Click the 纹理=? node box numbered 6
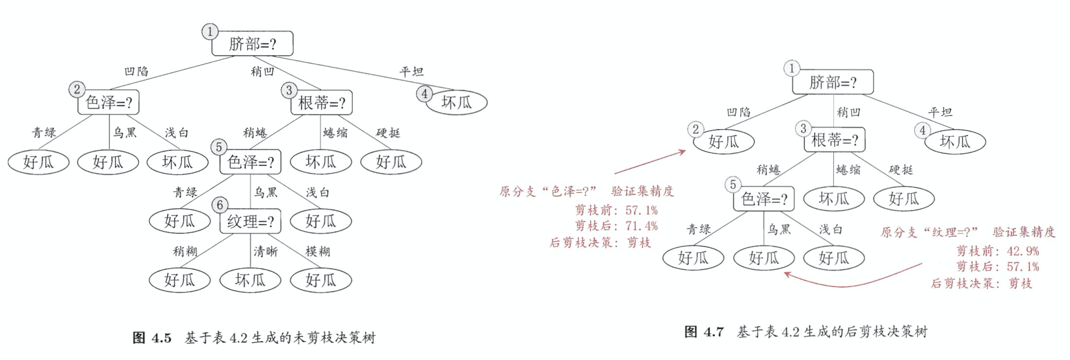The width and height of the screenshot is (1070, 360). click(x=250, y=221)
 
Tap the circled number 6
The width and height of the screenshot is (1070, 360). click(x=220, y=205)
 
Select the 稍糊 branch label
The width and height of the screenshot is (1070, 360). click(x=185, y=252)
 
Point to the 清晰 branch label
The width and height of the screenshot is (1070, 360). click(x=266, y=252)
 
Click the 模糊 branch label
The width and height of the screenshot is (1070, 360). click(x=318, y=252)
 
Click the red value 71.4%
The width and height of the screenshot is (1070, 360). click(x=642, y=226)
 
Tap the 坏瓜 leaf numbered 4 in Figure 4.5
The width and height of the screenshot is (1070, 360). click(x=457, y=103)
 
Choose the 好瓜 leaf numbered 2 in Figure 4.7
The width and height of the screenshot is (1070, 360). click(x=724, y=142)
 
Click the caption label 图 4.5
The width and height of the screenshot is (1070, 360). click(x=152, y=338)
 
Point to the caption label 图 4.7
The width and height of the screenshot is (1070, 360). click(x=704, y=331)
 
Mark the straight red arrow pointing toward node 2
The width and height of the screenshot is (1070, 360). click(x=650, y=163)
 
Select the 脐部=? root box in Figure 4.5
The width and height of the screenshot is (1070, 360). click(x=252, y=44)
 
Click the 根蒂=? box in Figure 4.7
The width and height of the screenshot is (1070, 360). click(x=834, y=141)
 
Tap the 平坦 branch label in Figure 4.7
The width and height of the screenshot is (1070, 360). click(x=940, y=112)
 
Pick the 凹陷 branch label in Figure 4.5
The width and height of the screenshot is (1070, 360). click(x=136, y=72)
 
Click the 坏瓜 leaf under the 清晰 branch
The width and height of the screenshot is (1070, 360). click(x=250, y=280)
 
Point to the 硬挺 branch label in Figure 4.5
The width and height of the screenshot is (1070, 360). click(x=388, y=133)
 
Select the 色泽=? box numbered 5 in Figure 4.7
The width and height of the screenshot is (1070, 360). click(x=764, y=199)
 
